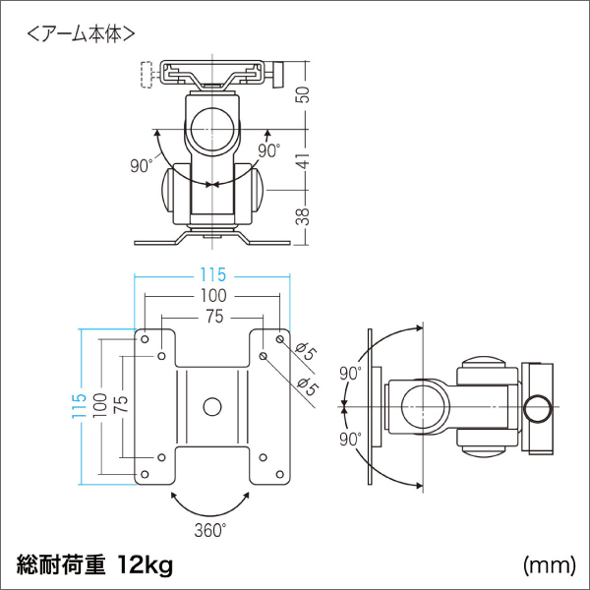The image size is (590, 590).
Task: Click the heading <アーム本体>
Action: pyautogui.click(x=81, y=33)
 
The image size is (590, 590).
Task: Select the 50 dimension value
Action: pyautogui.click(x=305, y=93)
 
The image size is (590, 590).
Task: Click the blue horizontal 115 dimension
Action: pyautogui.click(x=212, y=274)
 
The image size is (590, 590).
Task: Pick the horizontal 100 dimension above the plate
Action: pyautogui.click(x=212, y=295)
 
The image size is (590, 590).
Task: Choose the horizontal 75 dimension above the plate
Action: pyautogui.click(x=212, y=317)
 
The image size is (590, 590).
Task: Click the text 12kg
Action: pyautogui.click(x=146, y=564)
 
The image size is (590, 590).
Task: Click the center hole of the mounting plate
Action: pyautogui.click(x=211, y=405)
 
